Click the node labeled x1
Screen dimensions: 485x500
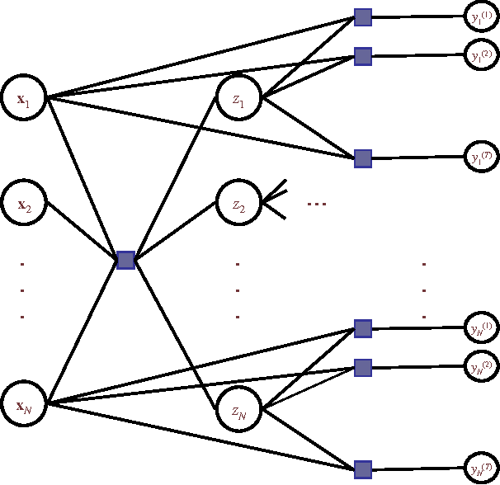pos(24,99)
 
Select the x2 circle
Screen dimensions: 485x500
pos(24,201)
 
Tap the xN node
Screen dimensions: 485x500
pos(24,404)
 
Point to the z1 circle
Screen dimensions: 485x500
pos(238,99)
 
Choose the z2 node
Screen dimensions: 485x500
pos(238,201)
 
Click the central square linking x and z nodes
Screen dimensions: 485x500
pos(125,260)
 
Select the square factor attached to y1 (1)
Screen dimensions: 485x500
pos(363,16)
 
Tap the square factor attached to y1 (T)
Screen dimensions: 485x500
pos(363,157)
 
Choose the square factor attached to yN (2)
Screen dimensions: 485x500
pos(363,367)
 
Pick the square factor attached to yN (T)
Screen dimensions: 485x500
pos(363,469)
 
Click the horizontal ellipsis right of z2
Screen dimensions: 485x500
pos(317,203)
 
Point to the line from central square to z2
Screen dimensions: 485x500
pos(176,233)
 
